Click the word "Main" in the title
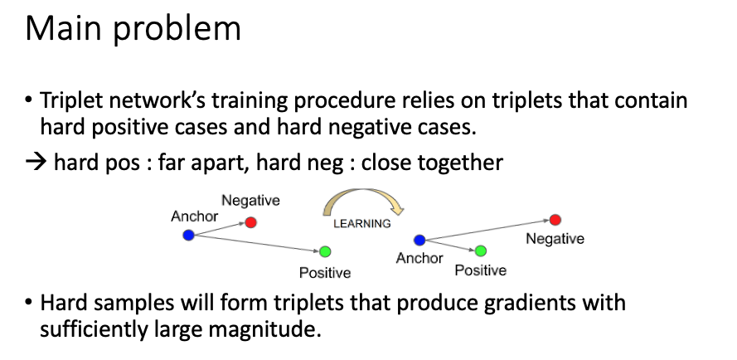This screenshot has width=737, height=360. [x=64, y=29]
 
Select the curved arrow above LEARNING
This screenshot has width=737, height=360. [x=363, y=198]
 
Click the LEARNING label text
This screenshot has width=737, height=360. [x=362, y=223]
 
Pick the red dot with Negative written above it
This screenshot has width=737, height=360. [x=251, y=222]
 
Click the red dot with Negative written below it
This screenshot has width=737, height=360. [x=555, y=220]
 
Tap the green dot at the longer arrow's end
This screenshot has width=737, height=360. [x=325, y=252]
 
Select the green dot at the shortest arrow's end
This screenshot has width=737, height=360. [x=480, y=251]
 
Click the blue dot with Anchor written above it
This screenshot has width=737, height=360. [x=188, y=235]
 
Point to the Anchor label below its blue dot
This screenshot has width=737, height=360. [x=419, y=258]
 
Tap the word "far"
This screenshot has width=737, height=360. [x=170, y=162]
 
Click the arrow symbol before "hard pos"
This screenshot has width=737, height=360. [x=36, y=163]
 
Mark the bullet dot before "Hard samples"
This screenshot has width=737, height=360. [x=29, y=302]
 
